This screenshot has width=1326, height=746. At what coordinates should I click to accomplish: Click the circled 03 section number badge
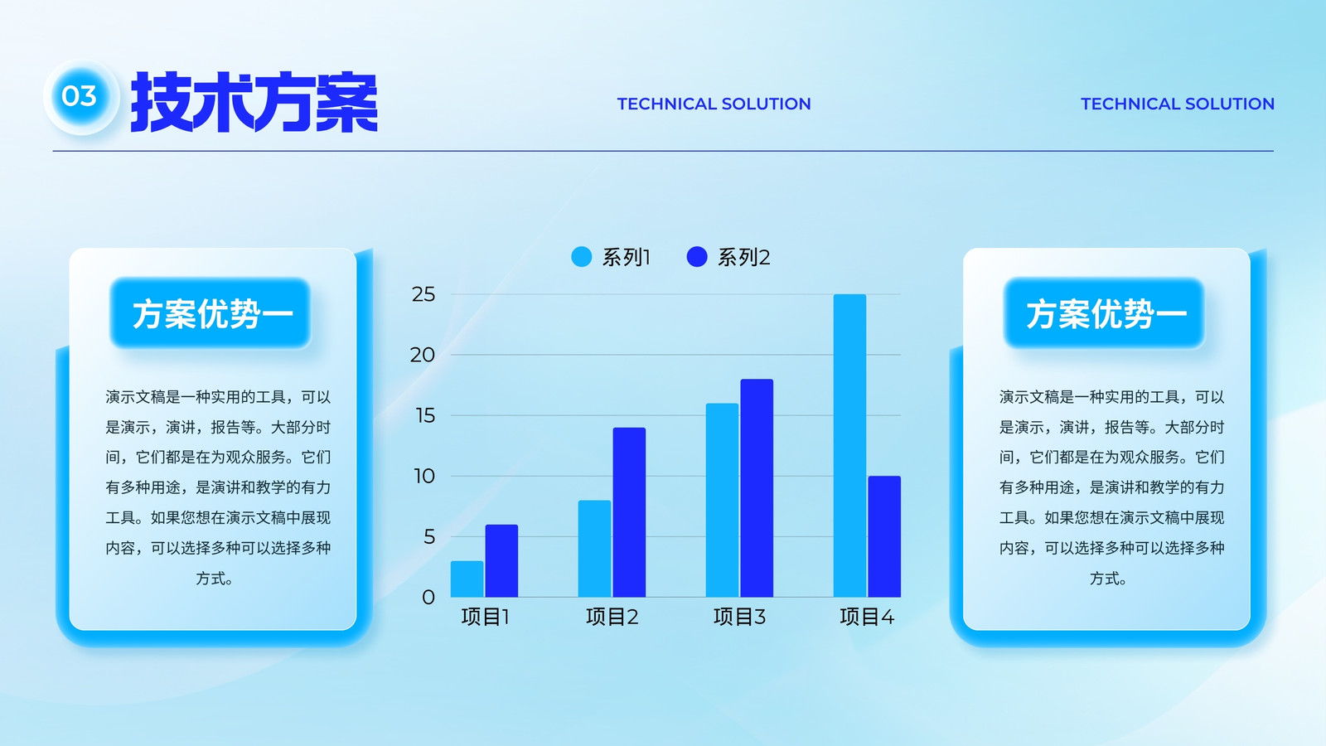point(81,96)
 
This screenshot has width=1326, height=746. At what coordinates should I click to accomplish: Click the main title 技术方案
point(254,102)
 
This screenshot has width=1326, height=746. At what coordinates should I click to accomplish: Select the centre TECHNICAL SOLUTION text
point(714,104)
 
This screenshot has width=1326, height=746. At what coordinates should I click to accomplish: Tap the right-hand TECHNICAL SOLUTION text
point(1178,104)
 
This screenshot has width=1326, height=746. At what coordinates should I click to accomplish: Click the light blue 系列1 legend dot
point(581,257)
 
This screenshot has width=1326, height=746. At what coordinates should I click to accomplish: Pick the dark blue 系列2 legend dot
point(697,257)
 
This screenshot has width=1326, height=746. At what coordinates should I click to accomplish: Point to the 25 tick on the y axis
point(423,294)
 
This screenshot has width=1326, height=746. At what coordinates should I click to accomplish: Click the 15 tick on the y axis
point(425,415)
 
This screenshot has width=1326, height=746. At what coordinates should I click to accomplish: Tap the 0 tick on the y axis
point(428,597)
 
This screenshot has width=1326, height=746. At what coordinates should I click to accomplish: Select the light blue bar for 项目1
point(467,579)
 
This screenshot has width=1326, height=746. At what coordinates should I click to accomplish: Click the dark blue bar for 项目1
point(501,560)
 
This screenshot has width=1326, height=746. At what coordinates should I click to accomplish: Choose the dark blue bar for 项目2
point(629,512)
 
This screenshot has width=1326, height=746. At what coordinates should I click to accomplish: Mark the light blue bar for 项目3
point(722,501)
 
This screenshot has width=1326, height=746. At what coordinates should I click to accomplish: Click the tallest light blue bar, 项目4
point(849,446)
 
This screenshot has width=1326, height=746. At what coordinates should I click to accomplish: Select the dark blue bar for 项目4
point(884,536)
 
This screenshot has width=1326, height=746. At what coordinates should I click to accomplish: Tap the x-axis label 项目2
point(612,617)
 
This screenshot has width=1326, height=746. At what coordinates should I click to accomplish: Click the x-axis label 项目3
point(739,617)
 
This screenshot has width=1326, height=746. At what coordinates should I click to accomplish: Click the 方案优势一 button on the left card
point(211,313)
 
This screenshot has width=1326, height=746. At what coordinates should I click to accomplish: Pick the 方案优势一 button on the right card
point(1105,313)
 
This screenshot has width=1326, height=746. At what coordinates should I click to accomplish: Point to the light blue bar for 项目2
point(594,549)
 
